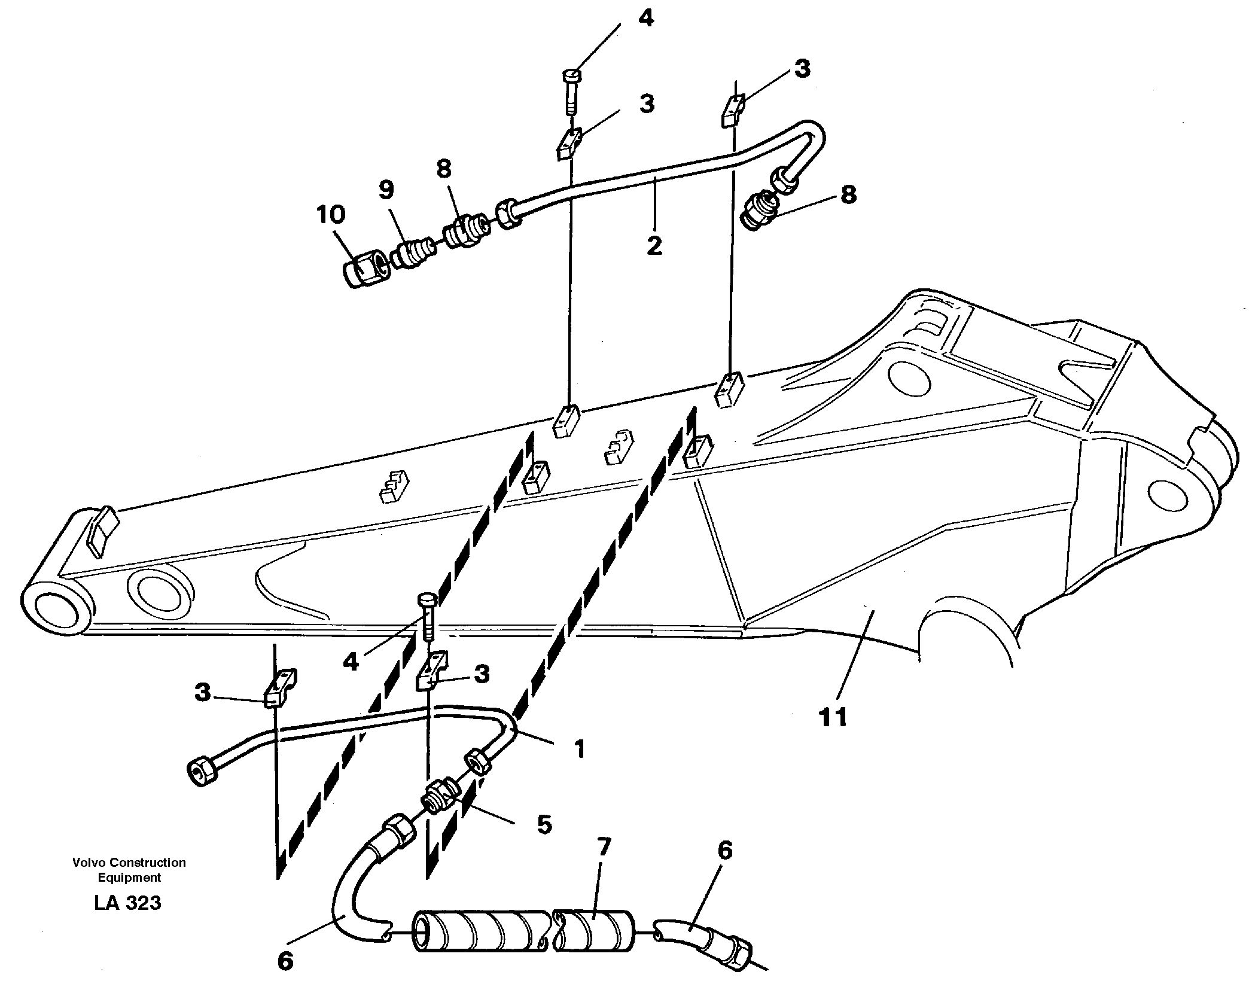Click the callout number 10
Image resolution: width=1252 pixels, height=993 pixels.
tap(331, 215)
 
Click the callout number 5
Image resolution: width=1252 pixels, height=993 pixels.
tap(544, 824)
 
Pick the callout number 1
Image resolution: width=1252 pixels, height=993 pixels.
tap(578, 748)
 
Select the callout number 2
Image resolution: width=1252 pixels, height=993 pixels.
tap(654, 245)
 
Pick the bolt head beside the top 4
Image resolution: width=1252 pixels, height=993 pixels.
tap(572, 76)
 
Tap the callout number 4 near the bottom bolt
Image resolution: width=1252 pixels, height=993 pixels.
tap(351, 662)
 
